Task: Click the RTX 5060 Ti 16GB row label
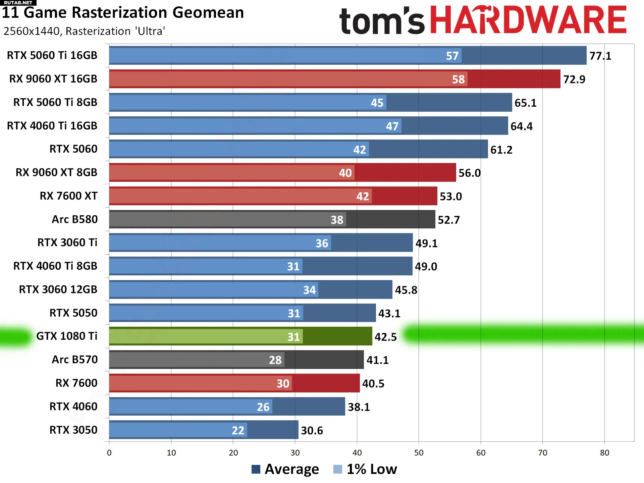52,55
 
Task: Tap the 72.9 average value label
574,79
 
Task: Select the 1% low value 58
458,79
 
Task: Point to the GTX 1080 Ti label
67,336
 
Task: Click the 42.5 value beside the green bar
385,337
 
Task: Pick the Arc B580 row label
74,219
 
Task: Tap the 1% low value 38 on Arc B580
337,220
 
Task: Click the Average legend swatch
256,469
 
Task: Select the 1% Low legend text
372,469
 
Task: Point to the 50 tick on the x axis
419,453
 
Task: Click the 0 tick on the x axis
109,453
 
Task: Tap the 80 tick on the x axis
604,453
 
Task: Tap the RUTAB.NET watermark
18,3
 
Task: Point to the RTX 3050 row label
73,430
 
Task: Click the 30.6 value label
312,431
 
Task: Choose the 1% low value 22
238,431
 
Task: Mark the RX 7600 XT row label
68,196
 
